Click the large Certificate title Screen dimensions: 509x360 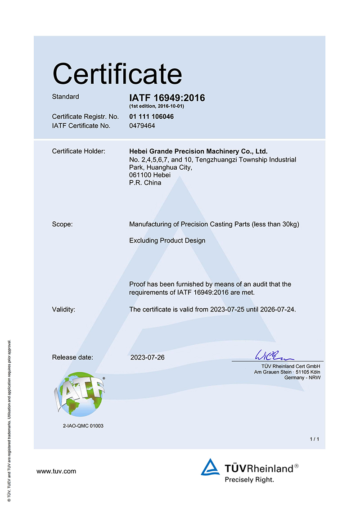[x=117, y=73]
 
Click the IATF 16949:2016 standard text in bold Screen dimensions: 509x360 [x=167, y=98]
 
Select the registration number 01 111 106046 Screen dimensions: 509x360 [x=151, y=117]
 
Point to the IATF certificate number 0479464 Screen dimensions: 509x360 [x=142, y=126]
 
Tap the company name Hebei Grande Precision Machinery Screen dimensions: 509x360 [x=198, y=151]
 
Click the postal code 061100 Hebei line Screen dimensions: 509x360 [x=146, y=175]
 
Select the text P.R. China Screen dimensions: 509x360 [x=145, y=183]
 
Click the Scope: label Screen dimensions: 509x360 [x=62, y=224]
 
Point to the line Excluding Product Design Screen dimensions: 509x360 [x=167, y=240]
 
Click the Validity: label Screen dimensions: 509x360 [x=63, y=309]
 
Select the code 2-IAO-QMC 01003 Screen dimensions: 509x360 [x=83, y=425]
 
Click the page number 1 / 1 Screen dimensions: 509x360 [x=315, y=438]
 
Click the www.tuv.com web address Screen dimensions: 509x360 [x=56, y=471]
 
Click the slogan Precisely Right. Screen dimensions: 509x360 [x=249, y=480]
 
